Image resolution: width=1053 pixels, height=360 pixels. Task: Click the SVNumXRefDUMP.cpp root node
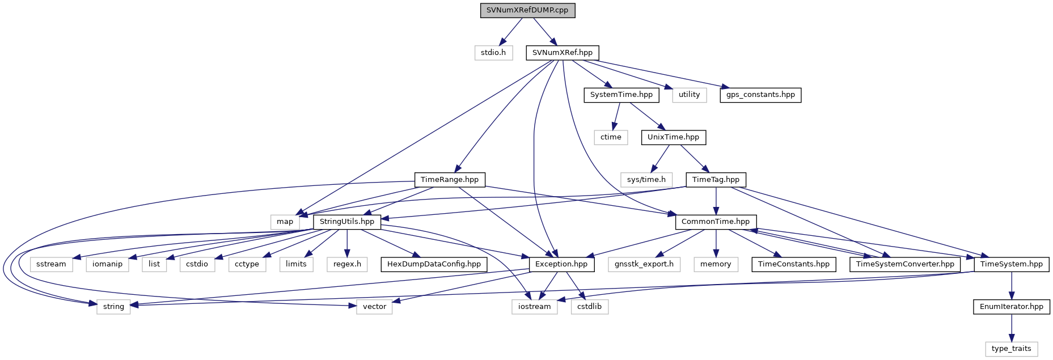[x=527, y=10]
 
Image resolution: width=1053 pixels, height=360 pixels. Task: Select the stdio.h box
[x=493, y=53]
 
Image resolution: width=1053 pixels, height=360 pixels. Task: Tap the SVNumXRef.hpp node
[x=562, y=53]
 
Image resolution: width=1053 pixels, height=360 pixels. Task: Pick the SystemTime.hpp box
[x=621, y=95]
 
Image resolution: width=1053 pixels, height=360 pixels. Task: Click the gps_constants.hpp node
[x=760, y=95]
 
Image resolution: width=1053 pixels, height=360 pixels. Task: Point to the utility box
[x=690, y=95]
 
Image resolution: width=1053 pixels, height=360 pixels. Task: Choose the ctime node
[x=611, y=137]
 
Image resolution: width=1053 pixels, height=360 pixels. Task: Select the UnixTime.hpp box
[x=674, y=137]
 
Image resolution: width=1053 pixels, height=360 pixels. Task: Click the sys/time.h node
[x=646, y=180]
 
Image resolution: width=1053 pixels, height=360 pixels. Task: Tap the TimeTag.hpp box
[x=716, y=180]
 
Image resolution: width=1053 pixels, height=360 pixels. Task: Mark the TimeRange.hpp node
[x=450, y=180]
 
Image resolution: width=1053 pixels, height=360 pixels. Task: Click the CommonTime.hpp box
[x=716, y=222]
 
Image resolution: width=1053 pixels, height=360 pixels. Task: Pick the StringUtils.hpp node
[x=347, y=222]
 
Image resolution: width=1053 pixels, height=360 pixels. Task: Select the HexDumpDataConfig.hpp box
[x=434, y=264]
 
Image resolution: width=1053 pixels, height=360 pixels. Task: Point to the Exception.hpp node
[x=561, y=264]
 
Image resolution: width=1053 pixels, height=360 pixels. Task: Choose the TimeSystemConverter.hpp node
[x=905, y=264]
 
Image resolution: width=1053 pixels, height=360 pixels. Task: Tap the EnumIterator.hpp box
[x=1012, y=307]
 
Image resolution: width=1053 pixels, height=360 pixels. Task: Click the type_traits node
[x=1012, y=349]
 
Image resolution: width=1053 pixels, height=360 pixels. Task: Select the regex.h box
[x=347, y=264]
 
